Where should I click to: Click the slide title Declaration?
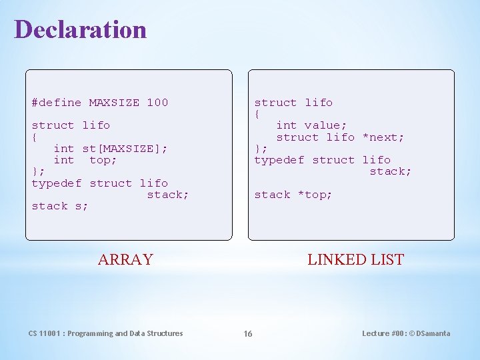point(80,29)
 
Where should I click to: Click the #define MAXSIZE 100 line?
point(100,103)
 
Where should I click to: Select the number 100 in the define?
point(157,103)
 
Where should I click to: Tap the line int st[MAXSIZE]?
point(110,148)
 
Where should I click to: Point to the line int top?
point(85,160)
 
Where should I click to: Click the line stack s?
point(60,206)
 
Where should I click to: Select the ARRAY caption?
point(125,260)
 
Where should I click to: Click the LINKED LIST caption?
point(355,260)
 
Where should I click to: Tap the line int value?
point(311,125)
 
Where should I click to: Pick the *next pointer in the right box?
point(383,137)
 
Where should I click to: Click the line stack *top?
point(293,195)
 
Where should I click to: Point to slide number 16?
point(247,334)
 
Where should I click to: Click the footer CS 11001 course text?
point(105,333)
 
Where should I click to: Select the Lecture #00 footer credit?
point(406,333)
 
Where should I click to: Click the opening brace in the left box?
point(35,137)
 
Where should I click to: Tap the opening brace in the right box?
point(257,114)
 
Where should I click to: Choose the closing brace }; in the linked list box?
point(261,149)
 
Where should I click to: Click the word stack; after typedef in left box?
point(168,195)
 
